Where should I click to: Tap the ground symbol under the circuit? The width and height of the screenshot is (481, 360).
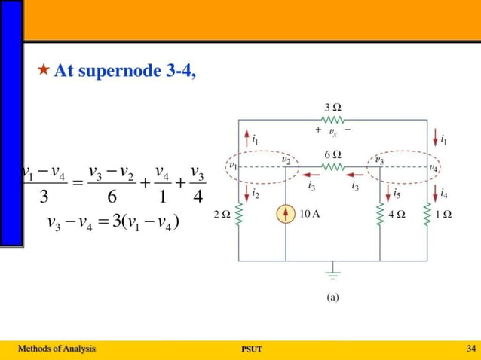click(x=332, y=273)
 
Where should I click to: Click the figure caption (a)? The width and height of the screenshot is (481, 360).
click(x=332, y=297)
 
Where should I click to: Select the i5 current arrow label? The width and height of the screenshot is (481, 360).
click(x=397, y=194)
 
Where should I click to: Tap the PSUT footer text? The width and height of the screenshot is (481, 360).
click(x=250, y=349)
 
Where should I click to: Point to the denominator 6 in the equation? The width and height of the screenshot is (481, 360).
click(x=112, y=197)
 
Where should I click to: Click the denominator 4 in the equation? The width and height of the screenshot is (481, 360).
click(x=197, y=197)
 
